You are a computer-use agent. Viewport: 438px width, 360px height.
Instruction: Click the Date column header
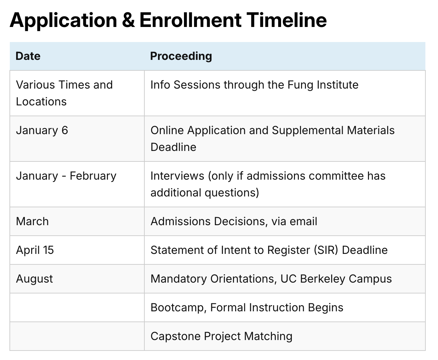[28, 56]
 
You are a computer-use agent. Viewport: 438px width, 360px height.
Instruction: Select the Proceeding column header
[181, 56]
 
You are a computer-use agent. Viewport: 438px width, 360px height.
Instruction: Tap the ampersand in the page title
[128, 20]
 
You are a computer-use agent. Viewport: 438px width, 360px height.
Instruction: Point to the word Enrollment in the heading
[191, 20]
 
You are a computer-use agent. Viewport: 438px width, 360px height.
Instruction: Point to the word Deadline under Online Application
[173, 147]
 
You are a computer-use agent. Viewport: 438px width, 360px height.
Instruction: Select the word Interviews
[177, 176]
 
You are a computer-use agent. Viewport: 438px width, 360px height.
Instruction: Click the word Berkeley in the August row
[322, 279]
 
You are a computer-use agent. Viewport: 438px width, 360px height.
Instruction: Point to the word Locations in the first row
[41, 102]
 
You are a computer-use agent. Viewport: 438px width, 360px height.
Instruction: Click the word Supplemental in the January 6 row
[307, 131]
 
